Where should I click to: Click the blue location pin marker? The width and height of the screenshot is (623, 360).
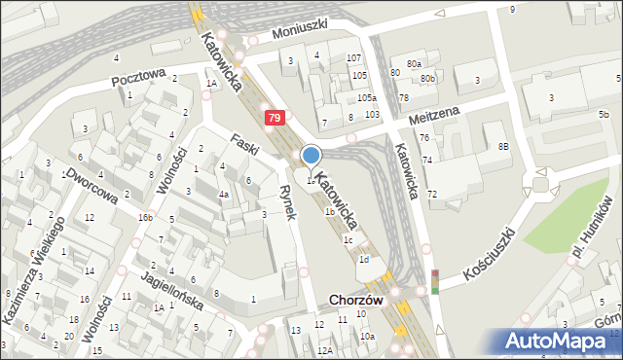point(311,155)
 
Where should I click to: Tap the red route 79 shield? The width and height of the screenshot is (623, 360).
point(275,118)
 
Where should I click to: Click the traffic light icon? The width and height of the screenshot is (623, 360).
point(434,281)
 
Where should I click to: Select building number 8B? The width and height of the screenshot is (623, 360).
point(503,146)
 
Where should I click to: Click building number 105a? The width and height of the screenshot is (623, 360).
point(366,98)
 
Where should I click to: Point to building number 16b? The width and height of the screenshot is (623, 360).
point(145,217)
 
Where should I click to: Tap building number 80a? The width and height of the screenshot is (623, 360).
point(414,63)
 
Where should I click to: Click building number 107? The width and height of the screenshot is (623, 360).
point(354,58)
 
